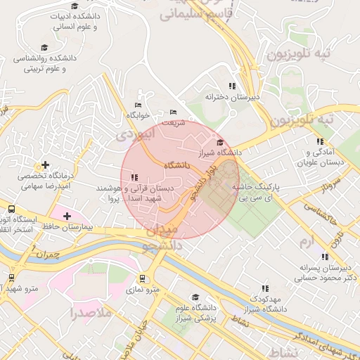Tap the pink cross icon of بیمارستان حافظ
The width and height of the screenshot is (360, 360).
coord(67,216)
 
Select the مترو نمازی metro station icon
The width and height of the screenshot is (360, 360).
coord(143,278)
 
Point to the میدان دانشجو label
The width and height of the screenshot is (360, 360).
coord(162,238)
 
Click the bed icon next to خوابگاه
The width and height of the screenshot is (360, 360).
coord(138,105)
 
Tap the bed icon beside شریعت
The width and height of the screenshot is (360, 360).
coord(174,112)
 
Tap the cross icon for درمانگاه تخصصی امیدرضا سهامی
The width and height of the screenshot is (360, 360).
coord(46,165)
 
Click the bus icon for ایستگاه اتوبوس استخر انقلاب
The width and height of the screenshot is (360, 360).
coord(11,210)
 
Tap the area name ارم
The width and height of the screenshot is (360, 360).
coord(304,243)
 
